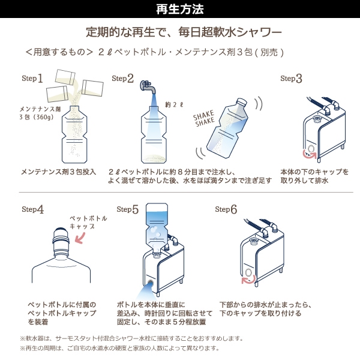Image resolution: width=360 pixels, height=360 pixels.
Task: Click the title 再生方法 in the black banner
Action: point(180,9)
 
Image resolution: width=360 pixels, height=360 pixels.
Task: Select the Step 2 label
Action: point(122,79)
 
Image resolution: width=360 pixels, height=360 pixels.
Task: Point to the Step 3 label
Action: point(292,79)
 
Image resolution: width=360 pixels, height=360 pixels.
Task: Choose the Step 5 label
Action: point(127,209)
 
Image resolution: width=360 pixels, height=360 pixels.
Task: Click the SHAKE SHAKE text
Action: point(205,120)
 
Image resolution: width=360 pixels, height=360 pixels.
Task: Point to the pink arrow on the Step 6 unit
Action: point(247,278)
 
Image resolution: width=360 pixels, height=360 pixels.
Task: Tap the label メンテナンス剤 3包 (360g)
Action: point(40,113)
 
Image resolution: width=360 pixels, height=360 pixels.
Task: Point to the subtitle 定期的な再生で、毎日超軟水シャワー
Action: point(184,31)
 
